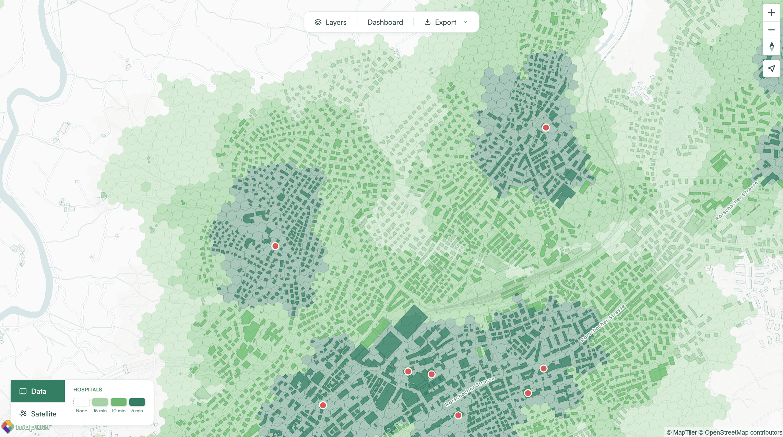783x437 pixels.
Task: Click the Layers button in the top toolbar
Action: (331, 22)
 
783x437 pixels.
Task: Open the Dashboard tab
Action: (385, 22)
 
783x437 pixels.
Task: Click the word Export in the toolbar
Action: (446, 22)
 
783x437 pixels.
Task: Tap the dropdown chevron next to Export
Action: (465, 22)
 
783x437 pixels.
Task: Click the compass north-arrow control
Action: (771, 47)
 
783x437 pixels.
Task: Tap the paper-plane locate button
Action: (771, 69)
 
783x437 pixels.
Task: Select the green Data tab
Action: (38, 391)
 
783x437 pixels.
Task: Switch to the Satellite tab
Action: (38, 414)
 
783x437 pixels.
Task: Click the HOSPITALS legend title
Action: (87, 389)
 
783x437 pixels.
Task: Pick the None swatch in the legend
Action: (82, 402)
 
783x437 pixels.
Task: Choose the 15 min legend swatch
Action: (100, 402)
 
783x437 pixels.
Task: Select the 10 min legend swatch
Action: (119, 402)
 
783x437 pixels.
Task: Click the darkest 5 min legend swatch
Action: (137, 402)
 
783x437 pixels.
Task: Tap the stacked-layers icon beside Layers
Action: (318, 22)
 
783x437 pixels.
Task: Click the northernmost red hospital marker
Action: (546, 128)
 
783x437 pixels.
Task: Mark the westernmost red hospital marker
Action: (275, 246)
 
